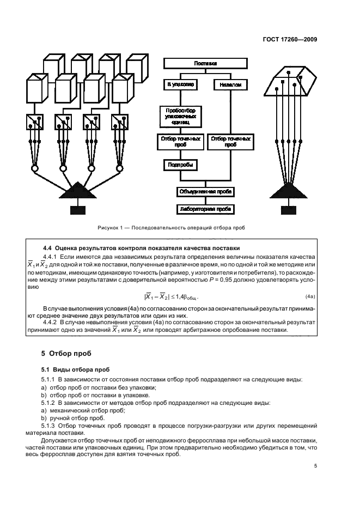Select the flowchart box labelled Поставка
205,64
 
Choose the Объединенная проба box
206,192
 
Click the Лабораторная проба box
206,208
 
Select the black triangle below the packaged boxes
77,191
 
